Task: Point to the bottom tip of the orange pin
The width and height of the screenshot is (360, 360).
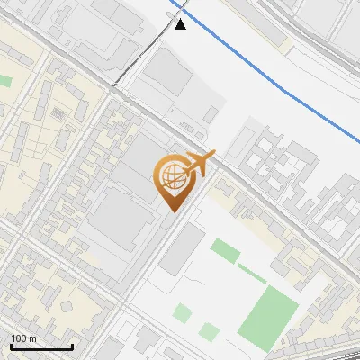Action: [x=171, y=211]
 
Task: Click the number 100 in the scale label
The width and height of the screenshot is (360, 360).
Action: [x=20, y=338]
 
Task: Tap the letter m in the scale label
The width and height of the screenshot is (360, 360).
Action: [x=32, y=338]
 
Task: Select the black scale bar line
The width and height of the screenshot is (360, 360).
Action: [x=41, y=346]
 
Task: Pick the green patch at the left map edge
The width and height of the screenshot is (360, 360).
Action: [x=4, y=81]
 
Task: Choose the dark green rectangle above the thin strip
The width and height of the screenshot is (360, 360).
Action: [x=225, y=250]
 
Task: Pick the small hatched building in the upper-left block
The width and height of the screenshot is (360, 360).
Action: [x=58, y=113]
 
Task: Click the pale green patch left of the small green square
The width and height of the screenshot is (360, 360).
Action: [x=182, y=312]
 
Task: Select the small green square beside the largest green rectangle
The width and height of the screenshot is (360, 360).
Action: [x=209, y=331]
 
